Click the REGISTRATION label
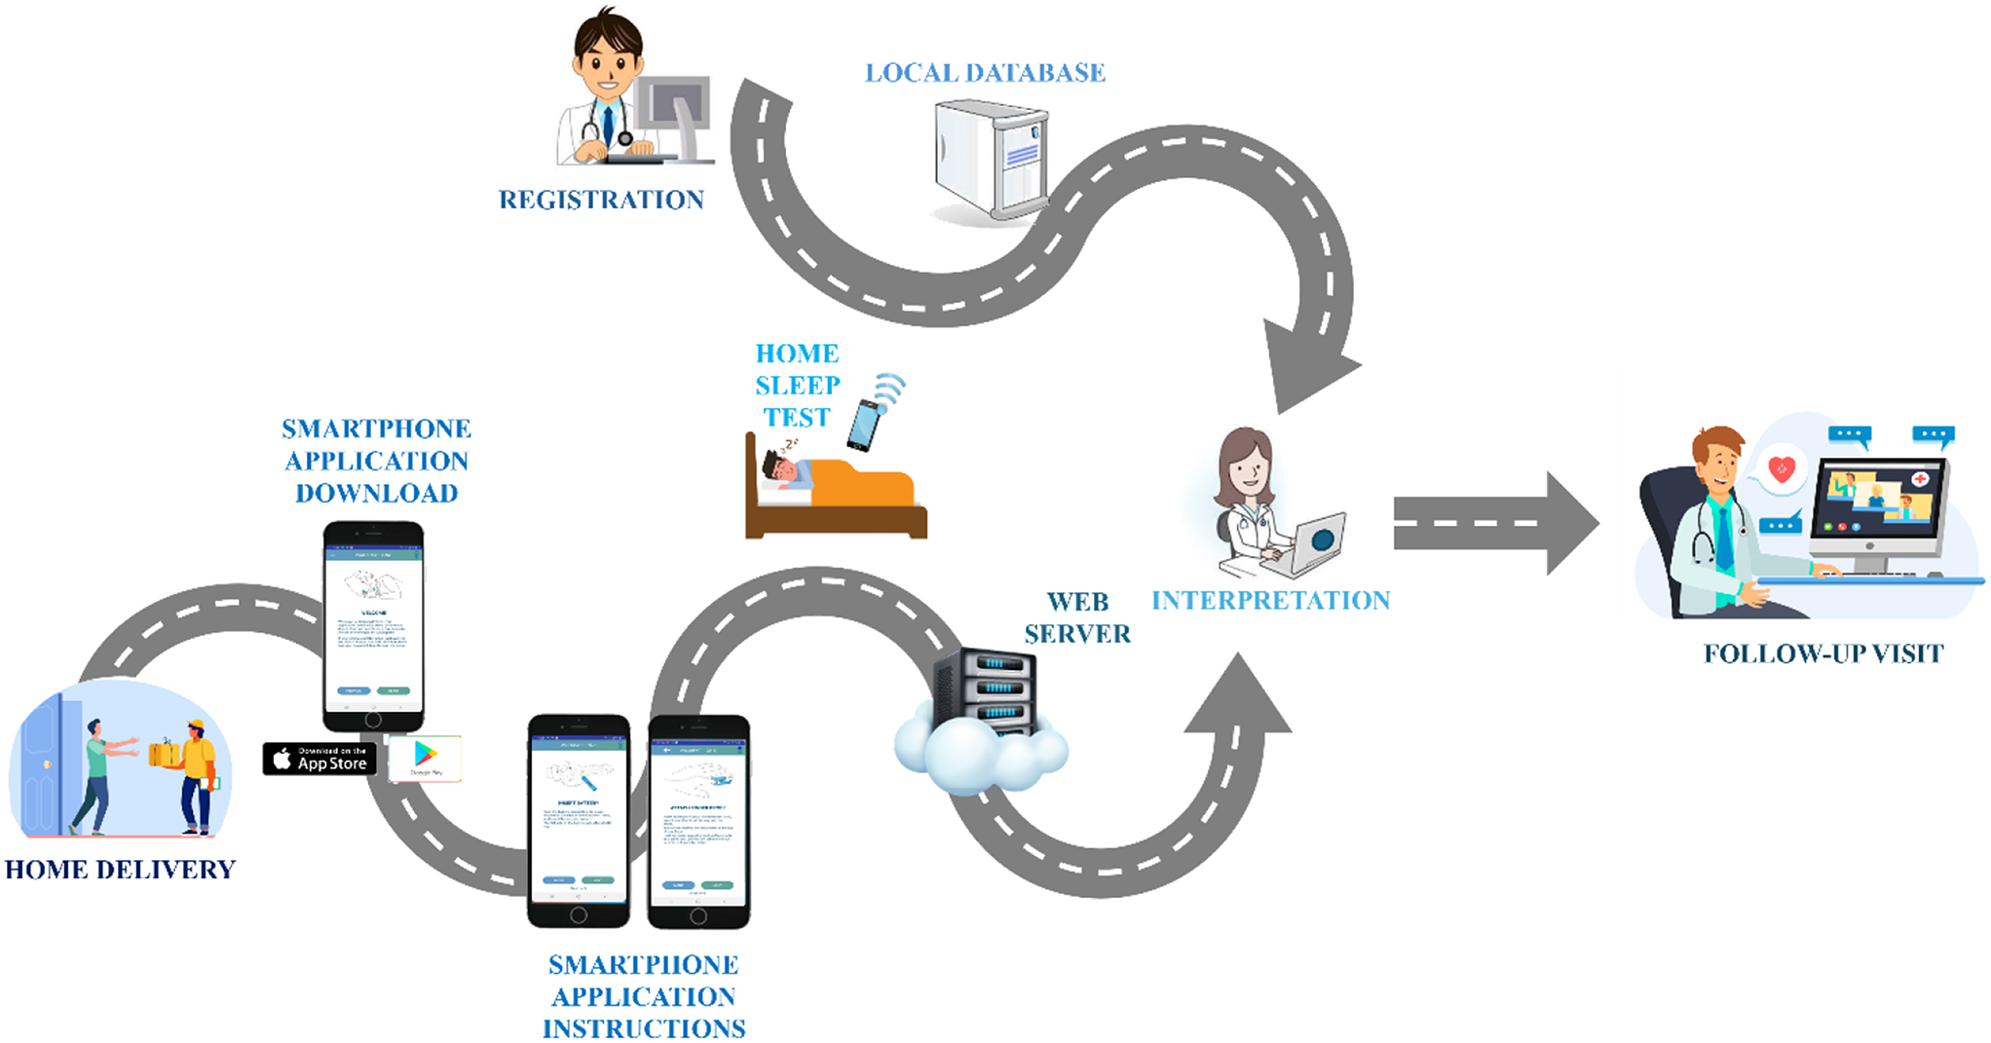click(601, 200)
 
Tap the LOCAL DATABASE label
click(985, 73)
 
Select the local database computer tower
click(990, 160)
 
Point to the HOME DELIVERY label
click(120, 870)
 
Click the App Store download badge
click(319, 760)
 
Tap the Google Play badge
click(425, 759)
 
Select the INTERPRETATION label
click(1270, 601)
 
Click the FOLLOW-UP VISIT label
click(1822, 653)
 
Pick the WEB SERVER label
click(1077, 617)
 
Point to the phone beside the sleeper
click(864, 424)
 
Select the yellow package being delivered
click(164, 753)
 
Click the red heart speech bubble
click(1782, 469)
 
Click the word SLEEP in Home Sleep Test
click(797, 386)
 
